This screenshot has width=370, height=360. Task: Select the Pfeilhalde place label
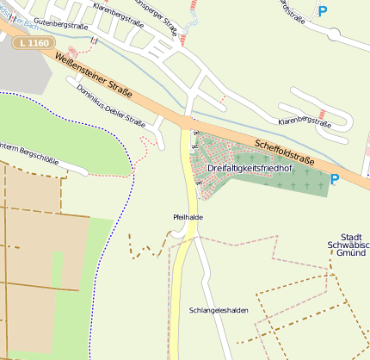pyautogui.click(x=188, y=217)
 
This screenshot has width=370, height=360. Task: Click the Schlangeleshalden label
pyautogui.click(x=212, y=310)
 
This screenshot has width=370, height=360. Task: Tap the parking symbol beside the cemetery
pyautogui.click(x=335, y=179)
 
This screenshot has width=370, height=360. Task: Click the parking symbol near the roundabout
pyautogui.click(x=323, y=11)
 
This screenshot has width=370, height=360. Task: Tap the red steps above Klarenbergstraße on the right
pyautogui.click(x=321, y=112)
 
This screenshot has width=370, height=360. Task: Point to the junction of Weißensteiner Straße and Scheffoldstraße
pyautogui.click(x=187, y=121)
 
